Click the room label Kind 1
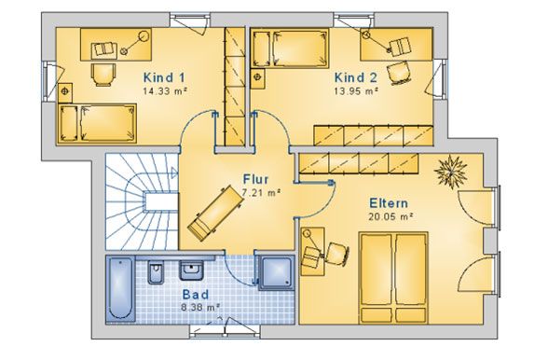(164, 77)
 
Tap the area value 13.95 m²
(356, 91)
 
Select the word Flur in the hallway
(255, 179)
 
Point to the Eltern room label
(389, 203)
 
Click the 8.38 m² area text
(200, 308)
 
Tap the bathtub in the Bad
(120, 288)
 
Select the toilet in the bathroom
(155, 271)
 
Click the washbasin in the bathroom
(191, 270)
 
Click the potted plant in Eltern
(451, 172)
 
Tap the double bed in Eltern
(393, 278)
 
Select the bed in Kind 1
(97, 123)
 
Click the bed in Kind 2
(290, 48)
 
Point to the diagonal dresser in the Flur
(215, 214)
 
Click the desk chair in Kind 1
(103, 75)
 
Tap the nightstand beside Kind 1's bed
(65, 92)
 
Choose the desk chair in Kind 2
(399, 73)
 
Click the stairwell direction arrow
(174, 173)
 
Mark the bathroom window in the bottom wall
(226, 331)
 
